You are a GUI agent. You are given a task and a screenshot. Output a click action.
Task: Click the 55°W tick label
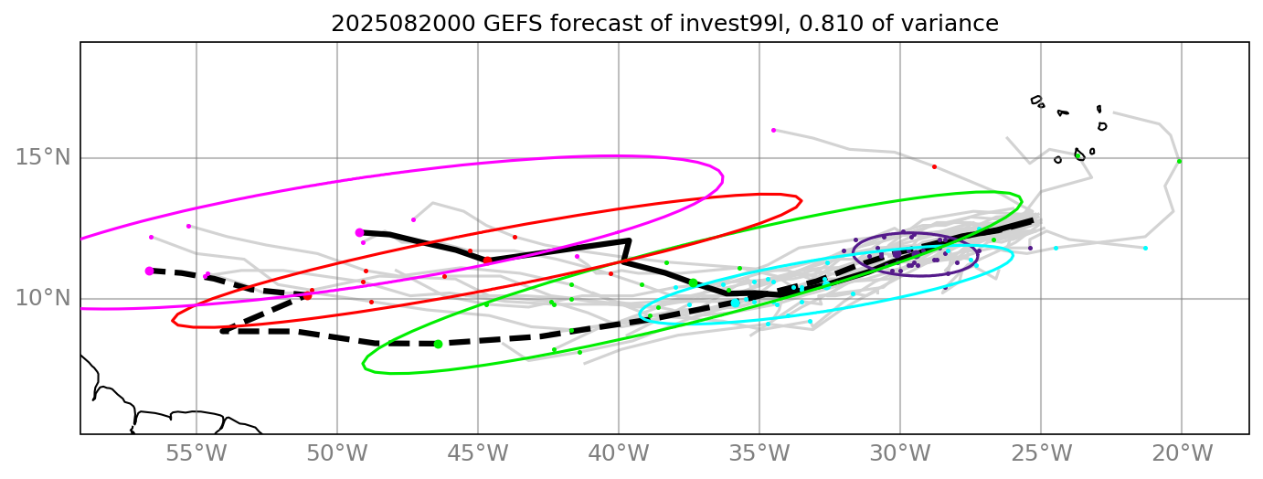pyautogui.click(x=196, y=452)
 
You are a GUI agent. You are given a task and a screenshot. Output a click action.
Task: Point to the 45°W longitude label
pyautogui.click(x=478, y=452)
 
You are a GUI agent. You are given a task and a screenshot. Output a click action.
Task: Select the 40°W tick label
pyautogui.click(x=619, y=452)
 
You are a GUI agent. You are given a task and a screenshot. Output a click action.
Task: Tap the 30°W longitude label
pyautogui.click(x=900, y=452)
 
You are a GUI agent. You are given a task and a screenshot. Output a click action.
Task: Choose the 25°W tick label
pyautogui.click(x=1041, y=452)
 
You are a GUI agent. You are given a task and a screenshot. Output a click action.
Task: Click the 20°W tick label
pyautogui.click(x=1182, y=452)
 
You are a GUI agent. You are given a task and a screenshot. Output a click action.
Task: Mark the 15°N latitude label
pyautogui.click(x=43, y=158)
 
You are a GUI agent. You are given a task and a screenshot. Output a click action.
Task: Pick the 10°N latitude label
pyautogui.click(x=43, y=299)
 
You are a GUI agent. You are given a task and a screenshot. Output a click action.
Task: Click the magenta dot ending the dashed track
pyautogui.click(x=149, y=271)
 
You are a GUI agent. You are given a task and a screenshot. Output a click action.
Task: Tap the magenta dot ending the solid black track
pyautogui.click(x=359, y=232)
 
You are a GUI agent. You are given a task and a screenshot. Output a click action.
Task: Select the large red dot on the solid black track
pyautogui.click(x=487, y=261)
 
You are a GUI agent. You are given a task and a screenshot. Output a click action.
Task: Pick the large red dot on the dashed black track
pyautogui.click(x=307, y=295)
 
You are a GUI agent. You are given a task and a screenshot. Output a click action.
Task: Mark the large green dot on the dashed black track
pyautogui.click(x=438, y=344)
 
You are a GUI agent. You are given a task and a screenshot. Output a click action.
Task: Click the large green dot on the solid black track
pyautogui.click(x=693, y=283)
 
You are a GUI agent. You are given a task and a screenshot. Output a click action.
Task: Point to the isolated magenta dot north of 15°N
pyautogui.click(x=773, y=130)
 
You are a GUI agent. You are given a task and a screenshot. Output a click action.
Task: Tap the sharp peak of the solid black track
pyautogui.click(x=629, y=240)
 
